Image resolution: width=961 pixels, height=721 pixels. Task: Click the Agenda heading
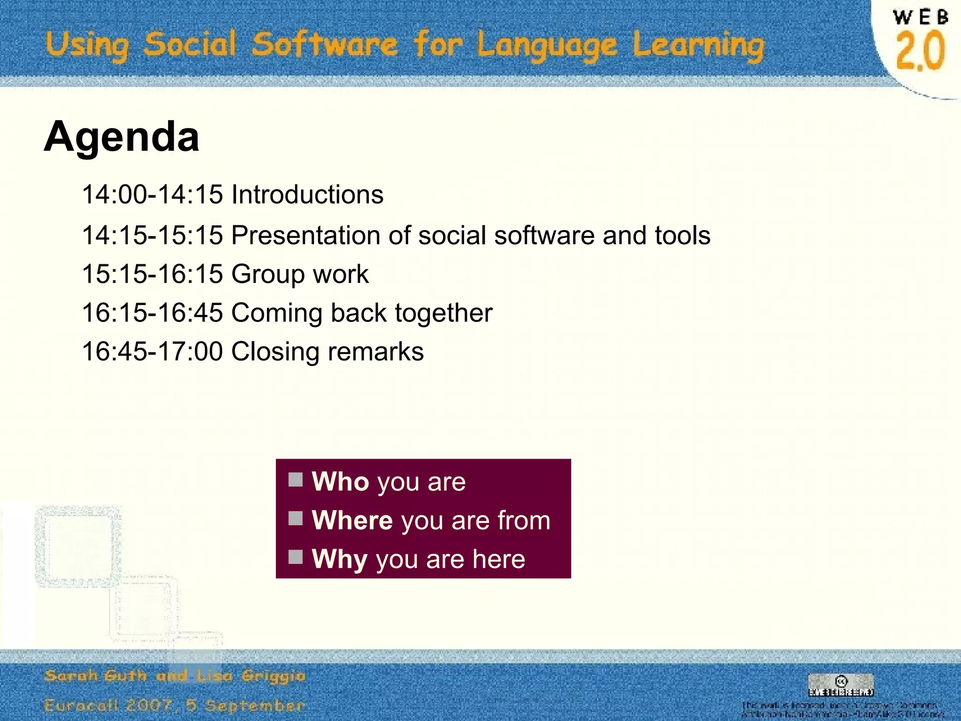click(x=122, y=137)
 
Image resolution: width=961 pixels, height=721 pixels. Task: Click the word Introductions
click(x=307, y=194)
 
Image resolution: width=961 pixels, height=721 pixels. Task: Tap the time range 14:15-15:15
click(x=152, y=235)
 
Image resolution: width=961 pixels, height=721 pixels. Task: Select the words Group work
click(x=300, y=274)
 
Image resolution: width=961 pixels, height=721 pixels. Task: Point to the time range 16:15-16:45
click(x=152, y=313)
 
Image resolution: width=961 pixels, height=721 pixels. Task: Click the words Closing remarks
click(x=327, y=352)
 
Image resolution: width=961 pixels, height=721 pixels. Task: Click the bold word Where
click(x=352, y=520)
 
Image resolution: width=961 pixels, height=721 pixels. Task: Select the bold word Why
click(x=340, y=559)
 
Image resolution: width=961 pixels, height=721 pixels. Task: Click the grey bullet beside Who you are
click(x=296, y=480)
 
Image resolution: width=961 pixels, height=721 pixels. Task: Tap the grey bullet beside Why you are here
click(x=296, y=557)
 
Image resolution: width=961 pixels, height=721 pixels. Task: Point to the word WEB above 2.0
click(x=920, y=18)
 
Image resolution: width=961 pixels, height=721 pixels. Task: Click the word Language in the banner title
click(x=547, y=46)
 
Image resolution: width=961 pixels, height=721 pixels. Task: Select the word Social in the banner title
click(x=190, y=45)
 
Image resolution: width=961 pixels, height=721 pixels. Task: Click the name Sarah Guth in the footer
click(x=95, y=676)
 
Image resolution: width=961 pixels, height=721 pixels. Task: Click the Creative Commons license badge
click(x=841, y=685)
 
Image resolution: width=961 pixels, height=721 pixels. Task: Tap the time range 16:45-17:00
click(x=152, y=352)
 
